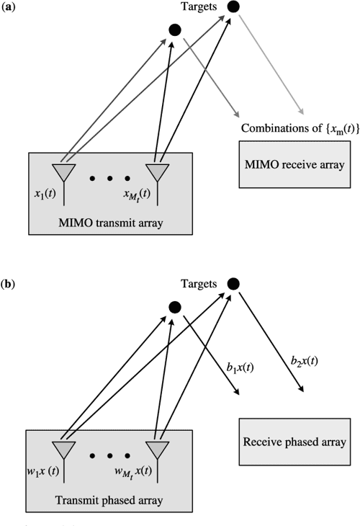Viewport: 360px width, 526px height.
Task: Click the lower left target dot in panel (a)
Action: (x=174, y=30)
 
